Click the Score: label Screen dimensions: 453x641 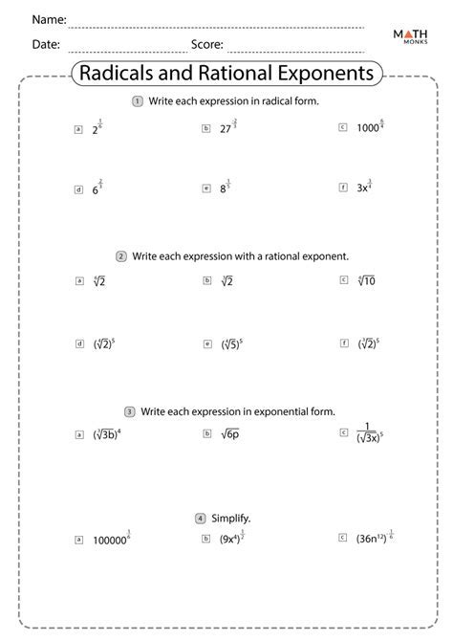point(207,44)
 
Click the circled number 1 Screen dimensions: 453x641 point(139,100)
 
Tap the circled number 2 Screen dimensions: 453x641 point(121,256)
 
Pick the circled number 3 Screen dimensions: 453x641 point(129,411)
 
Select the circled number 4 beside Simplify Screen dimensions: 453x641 point(201,518)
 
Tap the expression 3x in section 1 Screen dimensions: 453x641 point(364,188)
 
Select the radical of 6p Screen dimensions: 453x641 point(230,434)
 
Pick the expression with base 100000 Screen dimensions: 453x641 point(111,540)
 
